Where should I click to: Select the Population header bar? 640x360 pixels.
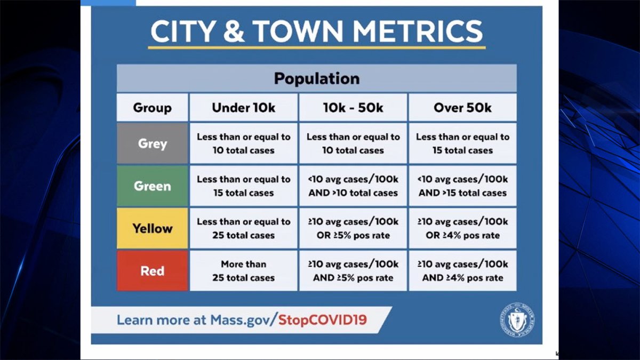316,79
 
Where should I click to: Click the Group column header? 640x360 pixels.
153,108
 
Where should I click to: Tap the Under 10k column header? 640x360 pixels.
244,108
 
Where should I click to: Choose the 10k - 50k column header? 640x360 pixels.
353,108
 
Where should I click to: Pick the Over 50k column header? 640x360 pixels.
462,108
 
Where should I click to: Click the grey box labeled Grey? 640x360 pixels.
153,143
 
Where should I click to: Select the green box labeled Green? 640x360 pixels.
153,186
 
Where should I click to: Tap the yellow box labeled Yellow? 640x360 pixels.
153,228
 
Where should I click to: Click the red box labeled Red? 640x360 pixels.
153,271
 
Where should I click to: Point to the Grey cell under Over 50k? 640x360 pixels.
462,143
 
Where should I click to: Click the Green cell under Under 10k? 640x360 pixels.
244,186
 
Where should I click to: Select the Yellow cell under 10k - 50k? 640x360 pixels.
353,228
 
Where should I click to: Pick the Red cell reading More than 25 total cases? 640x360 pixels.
244,271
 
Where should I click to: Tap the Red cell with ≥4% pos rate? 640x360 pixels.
462,271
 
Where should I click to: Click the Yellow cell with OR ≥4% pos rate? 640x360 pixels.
462,228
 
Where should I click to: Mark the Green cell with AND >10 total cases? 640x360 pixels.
353,186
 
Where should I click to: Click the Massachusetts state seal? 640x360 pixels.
517,320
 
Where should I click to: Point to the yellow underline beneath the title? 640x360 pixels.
316,48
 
